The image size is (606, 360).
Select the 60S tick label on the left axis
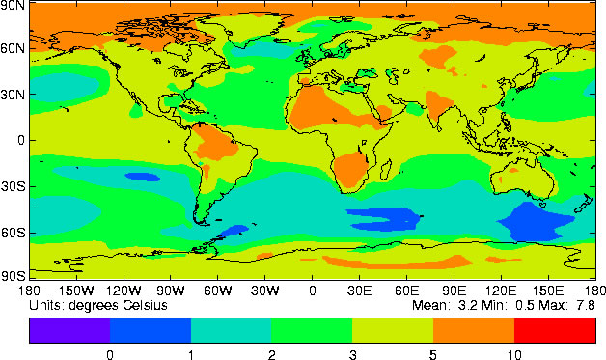(x=14, y=233)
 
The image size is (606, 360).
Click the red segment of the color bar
(x=555, y=330)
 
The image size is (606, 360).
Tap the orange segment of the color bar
(x=474, y=330)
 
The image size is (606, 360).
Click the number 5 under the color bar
(x=433, y=353)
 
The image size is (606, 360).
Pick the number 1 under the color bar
(x=191, y=353)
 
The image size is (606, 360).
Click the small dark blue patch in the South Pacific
(x=143, y=177)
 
